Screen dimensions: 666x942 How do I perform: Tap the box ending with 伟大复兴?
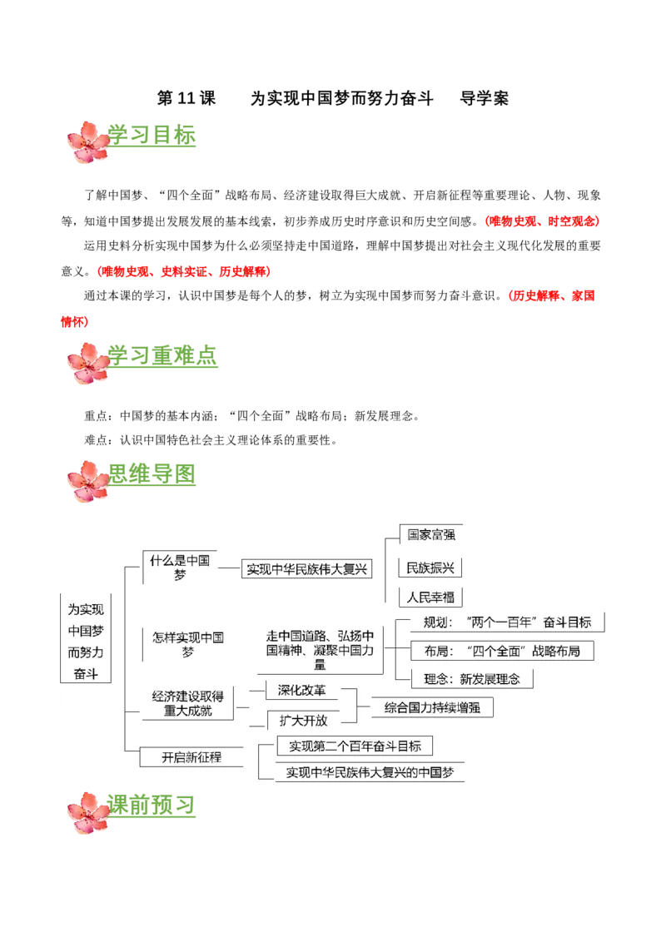(306, 569)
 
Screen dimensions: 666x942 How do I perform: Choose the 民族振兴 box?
(430, 568)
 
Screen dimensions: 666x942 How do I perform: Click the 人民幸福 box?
(430, 597)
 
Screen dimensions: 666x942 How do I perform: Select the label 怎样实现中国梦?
(188, 644)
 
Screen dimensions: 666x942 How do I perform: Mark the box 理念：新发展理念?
(472, 678)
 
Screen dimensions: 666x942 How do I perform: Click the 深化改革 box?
(302, 691)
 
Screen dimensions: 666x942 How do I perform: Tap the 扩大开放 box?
(302, 721)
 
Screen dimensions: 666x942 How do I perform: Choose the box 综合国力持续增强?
(432, 708)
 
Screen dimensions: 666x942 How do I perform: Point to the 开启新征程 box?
(191, 757)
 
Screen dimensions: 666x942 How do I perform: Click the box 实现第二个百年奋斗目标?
(355, 746)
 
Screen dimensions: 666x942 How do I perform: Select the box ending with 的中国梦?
(370, 771)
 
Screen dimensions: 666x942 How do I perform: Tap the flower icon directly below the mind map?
(88, 813)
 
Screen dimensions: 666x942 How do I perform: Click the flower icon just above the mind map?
(88, 482)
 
